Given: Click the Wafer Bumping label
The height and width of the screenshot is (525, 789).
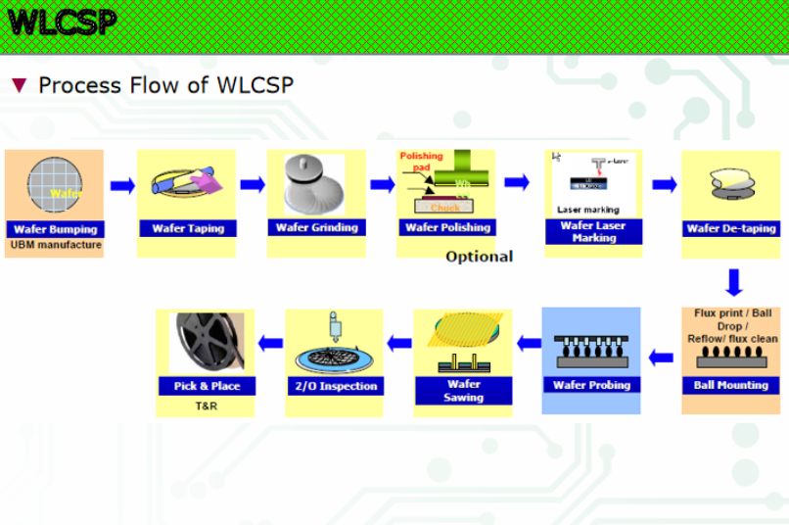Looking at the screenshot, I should [55, 229].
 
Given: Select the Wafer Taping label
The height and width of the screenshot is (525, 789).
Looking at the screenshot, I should [188, 228].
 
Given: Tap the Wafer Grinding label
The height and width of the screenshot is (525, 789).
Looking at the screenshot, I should [317, 227].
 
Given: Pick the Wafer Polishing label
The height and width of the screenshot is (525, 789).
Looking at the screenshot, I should [447, 227].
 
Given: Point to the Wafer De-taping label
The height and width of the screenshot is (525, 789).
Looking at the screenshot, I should [731, 228].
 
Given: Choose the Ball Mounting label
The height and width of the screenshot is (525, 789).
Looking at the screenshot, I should [730, 385].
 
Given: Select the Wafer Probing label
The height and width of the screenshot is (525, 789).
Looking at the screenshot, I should [591, 385].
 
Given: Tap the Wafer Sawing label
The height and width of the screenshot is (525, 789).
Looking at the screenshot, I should [463, 391].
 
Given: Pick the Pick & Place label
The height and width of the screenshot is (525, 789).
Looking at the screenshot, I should [207, 386].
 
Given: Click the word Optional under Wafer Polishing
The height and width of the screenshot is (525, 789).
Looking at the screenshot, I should [480, 257].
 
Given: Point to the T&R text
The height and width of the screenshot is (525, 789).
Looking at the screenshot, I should [206, 406].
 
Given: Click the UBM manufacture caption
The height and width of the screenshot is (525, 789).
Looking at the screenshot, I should [56, 245].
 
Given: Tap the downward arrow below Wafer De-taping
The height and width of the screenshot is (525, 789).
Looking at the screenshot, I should [734, 283].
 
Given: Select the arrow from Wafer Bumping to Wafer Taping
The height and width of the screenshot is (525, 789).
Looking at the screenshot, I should [122, 186].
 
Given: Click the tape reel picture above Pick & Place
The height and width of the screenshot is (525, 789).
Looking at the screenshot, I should [206, 343].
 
